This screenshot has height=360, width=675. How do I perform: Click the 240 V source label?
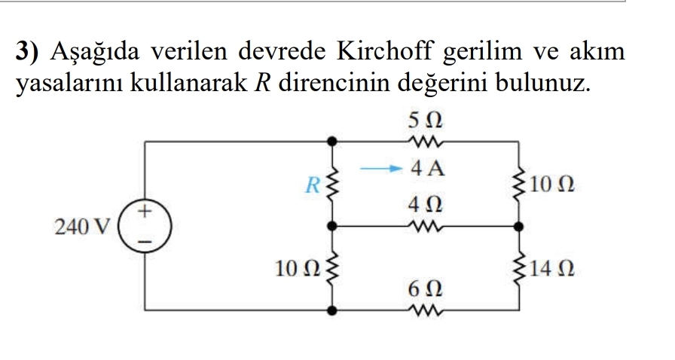tap(82, 225)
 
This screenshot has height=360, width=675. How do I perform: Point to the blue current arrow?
tap(379, 169)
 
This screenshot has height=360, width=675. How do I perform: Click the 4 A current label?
tap(426, 169)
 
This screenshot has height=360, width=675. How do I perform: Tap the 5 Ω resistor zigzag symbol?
tap(425, 140)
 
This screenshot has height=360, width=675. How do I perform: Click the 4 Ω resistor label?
tap(424, 204)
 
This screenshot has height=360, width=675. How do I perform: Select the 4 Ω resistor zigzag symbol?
tap(424, 224)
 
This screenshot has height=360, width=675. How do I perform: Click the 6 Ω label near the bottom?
tap(424, 288)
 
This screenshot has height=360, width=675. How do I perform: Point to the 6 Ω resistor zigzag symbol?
tap(424, 309)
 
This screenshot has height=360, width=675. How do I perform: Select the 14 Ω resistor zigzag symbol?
tap(518, 267)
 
